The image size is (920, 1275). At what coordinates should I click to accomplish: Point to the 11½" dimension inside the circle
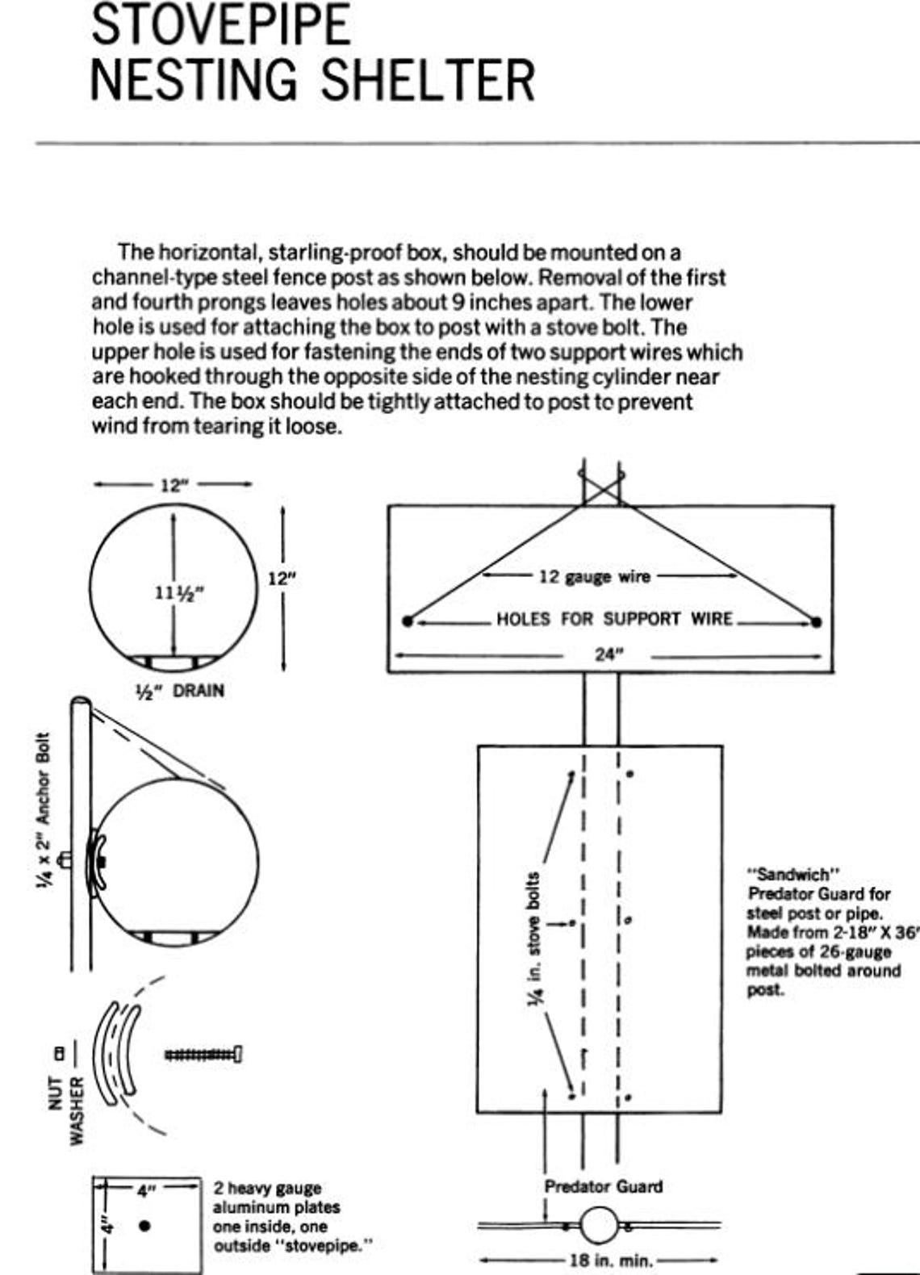click(178, 592)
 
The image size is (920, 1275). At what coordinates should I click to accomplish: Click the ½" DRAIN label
click(179, 691)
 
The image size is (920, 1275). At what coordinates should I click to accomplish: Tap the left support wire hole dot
click(408, 621)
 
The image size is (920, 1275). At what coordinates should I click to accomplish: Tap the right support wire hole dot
click(817, 621)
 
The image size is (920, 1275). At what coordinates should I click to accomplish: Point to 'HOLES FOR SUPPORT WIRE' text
click(614, 619)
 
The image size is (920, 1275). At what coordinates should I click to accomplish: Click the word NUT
click(56, 1093)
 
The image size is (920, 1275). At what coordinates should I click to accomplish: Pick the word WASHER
click(77, 1110)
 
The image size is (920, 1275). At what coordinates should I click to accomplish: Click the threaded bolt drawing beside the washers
click(203, 1054)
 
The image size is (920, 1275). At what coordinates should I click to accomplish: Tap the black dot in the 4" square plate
click(145, 1226)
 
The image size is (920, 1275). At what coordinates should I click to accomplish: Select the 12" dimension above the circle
click(172, 485)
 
